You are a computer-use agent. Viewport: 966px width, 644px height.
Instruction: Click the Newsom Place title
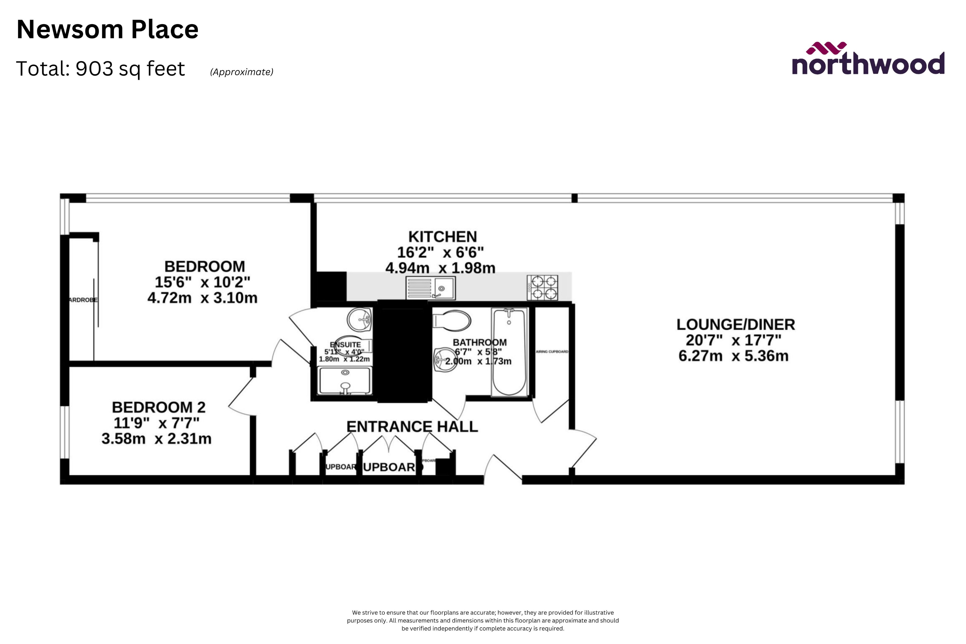(x=108, y=30)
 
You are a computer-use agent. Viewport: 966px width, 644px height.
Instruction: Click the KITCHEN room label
(x=442, y=237)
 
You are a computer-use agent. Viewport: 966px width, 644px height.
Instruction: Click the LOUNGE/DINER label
(x=735, y=325)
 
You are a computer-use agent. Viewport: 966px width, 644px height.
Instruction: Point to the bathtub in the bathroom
(x=509, y=352)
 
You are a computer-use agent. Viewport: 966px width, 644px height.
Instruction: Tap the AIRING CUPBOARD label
(x=552, y=352)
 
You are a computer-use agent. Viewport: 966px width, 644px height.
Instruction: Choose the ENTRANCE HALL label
(x=412, y=427)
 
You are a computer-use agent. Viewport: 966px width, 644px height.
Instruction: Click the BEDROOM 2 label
(x=158, y=408)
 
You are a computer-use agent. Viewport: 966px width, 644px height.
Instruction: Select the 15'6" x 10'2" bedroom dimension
(x=202, y=283)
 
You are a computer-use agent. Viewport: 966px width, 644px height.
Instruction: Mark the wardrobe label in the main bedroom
(x=83, y=300)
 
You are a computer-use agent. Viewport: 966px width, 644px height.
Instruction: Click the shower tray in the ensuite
(x=345, y=381)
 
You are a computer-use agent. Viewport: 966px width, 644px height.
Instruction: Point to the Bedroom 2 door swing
(x=242, y=396)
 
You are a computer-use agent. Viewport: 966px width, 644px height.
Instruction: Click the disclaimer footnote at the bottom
(x=483, y=621)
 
